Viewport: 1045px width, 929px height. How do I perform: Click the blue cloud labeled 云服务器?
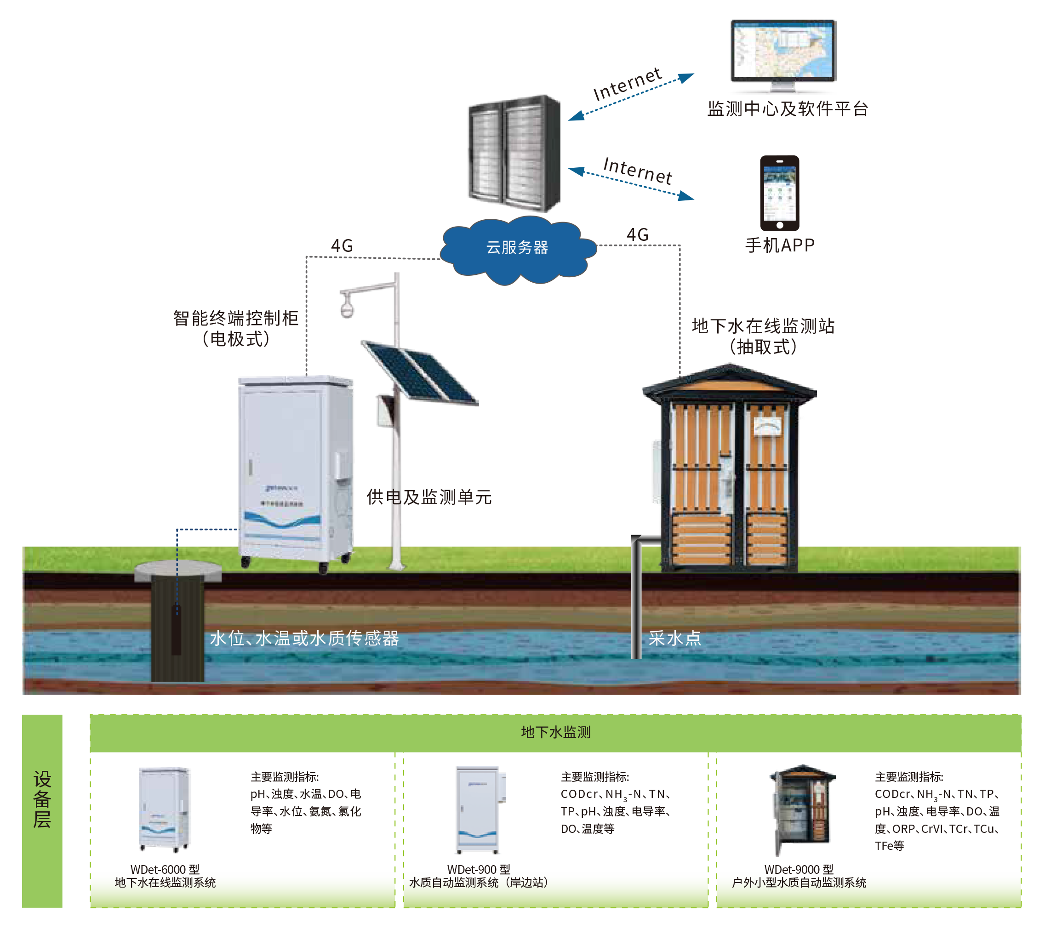[517, 249]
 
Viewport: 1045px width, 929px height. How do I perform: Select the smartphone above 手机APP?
[779, 193]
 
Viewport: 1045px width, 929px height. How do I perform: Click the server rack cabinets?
[514, 154]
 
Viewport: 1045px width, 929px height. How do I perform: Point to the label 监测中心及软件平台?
[788, 109]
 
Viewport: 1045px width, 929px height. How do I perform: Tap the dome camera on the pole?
[347, 308]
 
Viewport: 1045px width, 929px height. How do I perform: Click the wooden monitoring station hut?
[729, 468]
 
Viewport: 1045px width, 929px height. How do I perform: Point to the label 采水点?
[675, 638]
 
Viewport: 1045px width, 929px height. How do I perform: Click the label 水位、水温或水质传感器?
[304, 638]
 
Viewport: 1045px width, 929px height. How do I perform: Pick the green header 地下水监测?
[556, 732]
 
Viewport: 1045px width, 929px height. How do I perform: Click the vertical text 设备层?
[42, 798]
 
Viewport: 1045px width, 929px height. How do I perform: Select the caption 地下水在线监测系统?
[165, 883]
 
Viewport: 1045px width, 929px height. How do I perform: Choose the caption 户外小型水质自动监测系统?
[799, 883]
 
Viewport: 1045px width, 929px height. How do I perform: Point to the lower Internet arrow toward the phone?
[631, 183]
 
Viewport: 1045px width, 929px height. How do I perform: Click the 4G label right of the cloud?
[638, 235]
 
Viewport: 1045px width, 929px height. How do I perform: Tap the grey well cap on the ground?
[177, 571]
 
